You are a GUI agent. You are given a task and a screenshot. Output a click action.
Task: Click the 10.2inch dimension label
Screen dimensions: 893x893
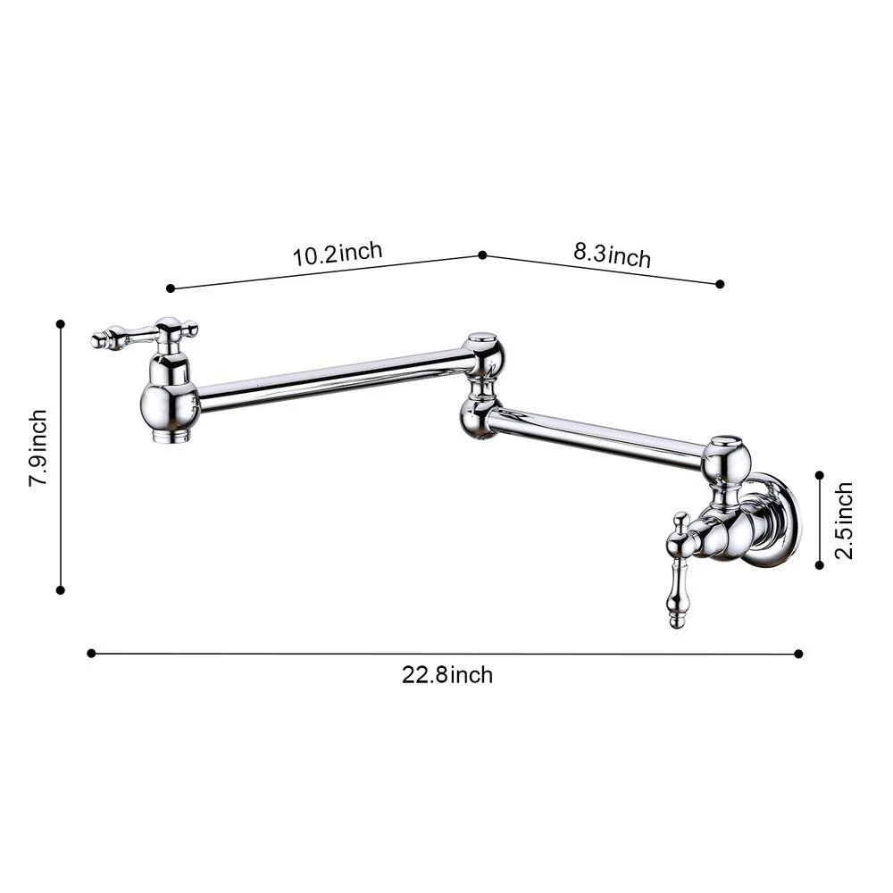click(x=338, y=253)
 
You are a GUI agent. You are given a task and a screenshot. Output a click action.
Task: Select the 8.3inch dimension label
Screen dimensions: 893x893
click(x=612, y=256)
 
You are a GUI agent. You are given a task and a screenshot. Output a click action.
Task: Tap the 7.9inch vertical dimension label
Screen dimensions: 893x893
click(x=38, y=447)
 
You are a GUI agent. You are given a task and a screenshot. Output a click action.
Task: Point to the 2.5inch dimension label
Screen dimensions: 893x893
click(x=844, y=520)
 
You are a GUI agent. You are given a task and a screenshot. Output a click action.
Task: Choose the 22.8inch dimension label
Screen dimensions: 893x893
click(x=446, y=675)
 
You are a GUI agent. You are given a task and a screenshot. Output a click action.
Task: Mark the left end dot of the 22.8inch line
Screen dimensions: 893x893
click(x=91, y=653)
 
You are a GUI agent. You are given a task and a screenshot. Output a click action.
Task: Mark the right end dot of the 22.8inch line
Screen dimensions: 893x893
click(x=798, y=654)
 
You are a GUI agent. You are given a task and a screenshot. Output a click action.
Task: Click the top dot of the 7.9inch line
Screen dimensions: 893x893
click(x=61, y=323)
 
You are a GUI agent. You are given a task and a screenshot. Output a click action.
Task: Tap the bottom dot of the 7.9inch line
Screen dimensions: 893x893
click(x=61, y=589)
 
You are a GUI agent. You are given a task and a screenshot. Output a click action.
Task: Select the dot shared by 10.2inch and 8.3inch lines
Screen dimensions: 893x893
click(x=482, y=255)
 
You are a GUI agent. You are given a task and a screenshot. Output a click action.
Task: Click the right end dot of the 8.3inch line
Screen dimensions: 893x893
click(x=720, y=284)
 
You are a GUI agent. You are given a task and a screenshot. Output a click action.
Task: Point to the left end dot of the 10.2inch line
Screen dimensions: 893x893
click(x=170, y=288)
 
